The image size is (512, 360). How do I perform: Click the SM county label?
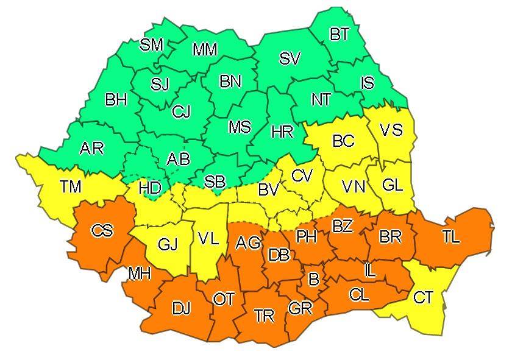[151, 44]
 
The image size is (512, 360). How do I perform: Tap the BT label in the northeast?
[340, 35]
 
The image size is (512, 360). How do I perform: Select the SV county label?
[290, 59]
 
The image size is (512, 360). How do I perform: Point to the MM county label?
[205, 50]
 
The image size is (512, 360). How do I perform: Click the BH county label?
[116, 99]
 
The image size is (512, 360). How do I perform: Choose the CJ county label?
[181, 111]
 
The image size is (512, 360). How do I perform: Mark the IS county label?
[367, 82]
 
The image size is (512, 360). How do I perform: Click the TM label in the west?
[71, 186]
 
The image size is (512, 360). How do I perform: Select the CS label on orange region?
[102, 231]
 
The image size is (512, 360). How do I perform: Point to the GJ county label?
[168, 245]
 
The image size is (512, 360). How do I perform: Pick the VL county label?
[208, 238]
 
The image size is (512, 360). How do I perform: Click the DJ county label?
[181, 309]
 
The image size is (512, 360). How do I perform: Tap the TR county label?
[265, 316]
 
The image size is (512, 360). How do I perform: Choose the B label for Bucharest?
[314, 280]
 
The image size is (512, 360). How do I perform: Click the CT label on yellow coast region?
[423, 298]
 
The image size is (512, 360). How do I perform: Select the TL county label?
[451, 238]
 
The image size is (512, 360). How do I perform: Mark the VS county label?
[391, 130]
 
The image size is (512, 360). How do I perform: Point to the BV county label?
[268, 190]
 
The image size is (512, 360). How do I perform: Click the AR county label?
[91, 148]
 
